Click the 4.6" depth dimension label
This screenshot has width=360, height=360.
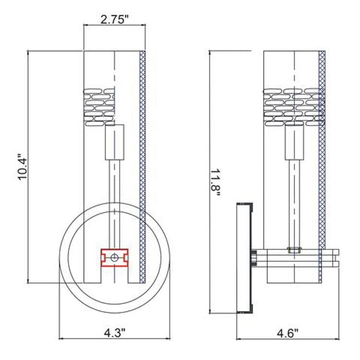(x=288, y=332)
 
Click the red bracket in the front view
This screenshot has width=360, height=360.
(x=114, y=257)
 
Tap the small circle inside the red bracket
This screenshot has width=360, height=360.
(x=114, y=258)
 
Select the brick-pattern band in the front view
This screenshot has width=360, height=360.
(x=99, y=106)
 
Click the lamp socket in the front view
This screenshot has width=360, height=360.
(x=115, y=141)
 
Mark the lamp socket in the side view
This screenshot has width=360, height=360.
(x=294, y=141)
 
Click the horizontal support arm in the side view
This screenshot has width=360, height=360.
(x=298, y=258)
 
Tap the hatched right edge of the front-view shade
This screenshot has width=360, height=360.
(x=142, y=163)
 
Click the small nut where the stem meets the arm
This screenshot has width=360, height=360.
(x=294, y=250)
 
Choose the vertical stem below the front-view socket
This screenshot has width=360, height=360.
(x=114, y=202)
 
